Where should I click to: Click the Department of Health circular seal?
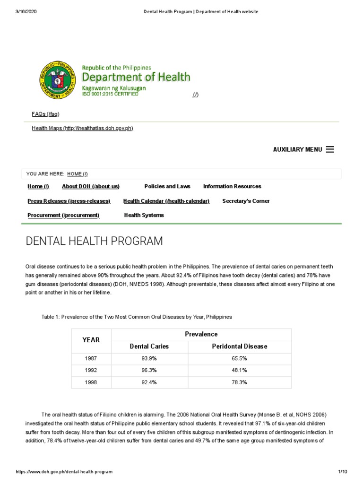(x=58, y=80)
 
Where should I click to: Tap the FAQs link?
(x=45, y=114)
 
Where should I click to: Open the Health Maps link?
(x=82, y=128)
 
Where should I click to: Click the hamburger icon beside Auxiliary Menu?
(x=330, y=149)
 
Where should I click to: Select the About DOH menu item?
(x=90, y=186)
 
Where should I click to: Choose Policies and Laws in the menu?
(x=167, y=186)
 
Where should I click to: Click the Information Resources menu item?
(x=232, y=186)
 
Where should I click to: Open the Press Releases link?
(x=69, y=201)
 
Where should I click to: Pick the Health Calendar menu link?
(x=166, y=201)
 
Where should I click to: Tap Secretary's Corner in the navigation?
(x=246, y=201)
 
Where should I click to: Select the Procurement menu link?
(x=63, y=215)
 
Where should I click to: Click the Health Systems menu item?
(x=144, y=215)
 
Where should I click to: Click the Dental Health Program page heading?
(x=94, y=241)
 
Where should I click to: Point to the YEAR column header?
(x=91, y=340)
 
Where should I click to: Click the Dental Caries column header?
(x=149, y=346)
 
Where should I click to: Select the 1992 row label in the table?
(x=91, y=370)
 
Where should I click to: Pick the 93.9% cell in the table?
(x=149, y=358)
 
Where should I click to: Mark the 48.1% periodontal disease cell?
(x=239, y=370)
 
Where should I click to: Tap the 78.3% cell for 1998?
(x=239, y=382)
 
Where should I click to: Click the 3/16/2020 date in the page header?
(x=26, y=12)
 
